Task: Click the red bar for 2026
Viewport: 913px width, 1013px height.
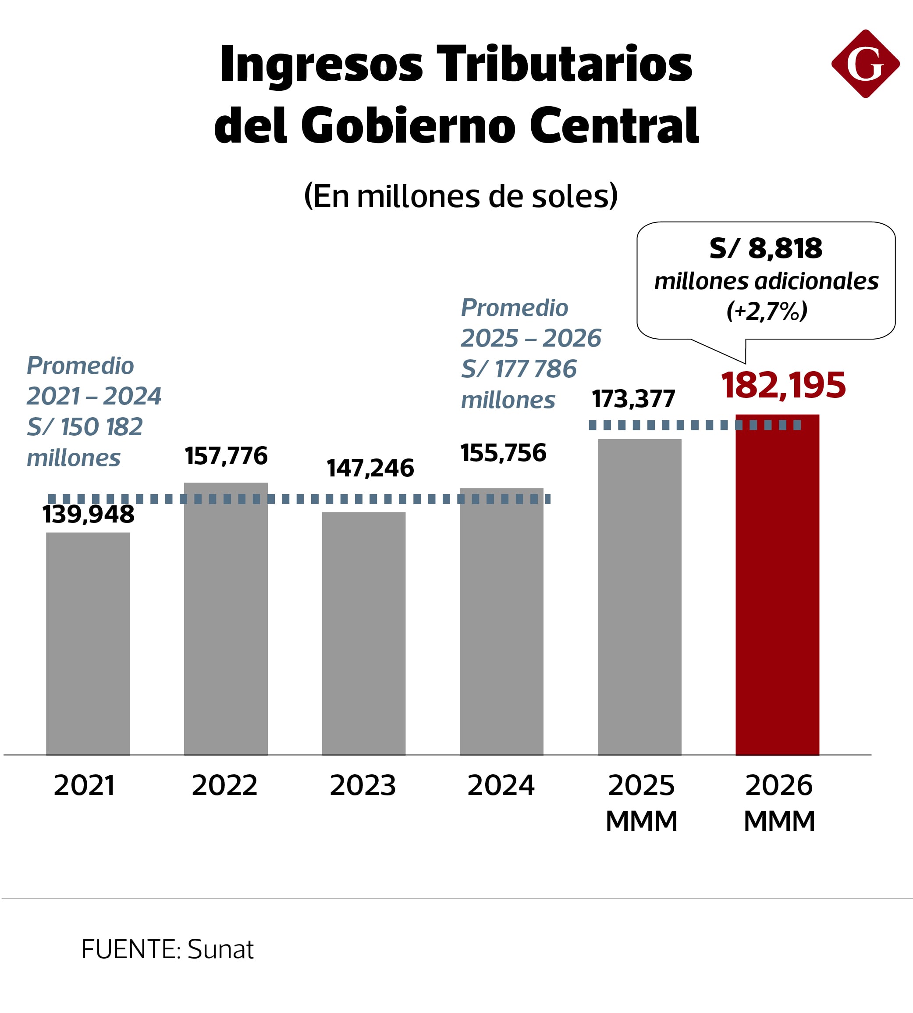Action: [x=777, y=584]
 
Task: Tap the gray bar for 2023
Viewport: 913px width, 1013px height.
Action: [x=364, y=633]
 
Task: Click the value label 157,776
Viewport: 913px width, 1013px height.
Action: [x=226, y=456]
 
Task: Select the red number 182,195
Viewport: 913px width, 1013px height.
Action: [x=784, y=385]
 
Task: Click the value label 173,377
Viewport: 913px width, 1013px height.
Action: [x=634, y=399]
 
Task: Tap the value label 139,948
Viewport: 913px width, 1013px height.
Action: [x=88, y=514]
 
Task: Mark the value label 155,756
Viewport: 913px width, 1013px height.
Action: [x=503, y=453]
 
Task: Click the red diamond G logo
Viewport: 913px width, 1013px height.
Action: [x=865, y=64]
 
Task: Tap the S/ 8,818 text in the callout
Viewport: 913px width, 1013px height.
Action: [x=766, y=248]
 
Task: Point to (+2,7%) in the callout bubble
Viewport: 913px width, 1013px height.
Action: [x=767, y=311]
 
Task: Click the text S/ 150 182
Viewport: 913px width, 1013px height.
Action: [x=85, y=427]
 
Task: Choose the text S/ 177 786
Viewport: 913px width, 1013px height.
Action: [x=519, y=369]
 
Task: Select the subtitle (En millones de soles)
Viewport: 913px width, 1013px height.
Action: [x=461, y=196]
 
